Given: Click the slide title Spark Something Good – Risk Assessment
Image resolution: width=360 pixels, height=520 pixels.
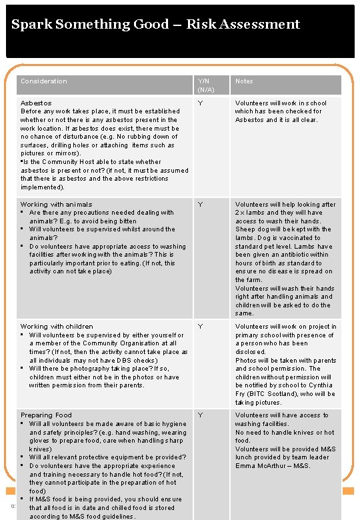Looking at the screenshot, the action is [x=155, y=25].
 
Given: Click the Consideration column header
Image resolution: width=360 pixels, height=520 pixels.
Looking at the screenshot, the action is [x=44, y=81].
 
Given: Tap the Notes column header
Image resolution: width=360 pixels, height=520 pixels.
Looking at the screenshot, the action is [x=244, y=81].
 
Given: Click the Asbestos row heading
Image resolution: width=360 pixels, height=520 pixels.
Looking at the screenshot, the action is [x=36, y=103].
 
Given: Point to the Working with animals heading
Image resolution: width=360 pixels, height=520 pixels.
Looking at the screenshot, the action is [x=57, y=205].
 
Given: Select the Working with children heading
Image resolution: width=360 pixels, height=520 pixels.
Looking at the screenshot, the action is [x=57, y=327].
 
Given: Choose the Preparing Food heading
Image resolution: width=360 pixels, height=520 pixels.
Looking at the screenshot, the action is [x=46, y=415].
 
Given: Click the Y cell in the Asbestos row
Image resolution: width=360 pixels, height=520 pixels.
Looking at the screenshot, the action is [x=199, y=103].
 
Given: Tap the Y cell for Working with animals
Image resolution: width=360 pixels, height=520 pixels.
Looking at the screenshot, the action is [x=199, y=205].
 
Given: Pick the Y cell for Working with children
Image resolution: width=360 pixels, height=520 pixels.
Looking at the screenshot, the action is [x=199, y=327].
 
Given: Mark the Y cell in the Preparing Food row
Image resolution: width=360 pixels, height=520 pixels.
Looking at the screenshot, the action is [x=199, y=415].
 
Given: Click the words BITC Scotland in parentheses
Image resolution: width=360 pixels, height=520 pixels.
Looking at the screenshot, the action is [x=269, y=394].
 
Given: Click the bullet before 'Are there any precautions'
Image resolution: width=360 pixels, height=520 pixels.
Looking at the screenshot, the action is [x=23, y=213].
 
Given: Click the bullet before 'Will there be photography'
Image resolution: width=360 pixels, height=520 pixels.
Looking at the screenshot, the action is [x=23, y=368].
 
